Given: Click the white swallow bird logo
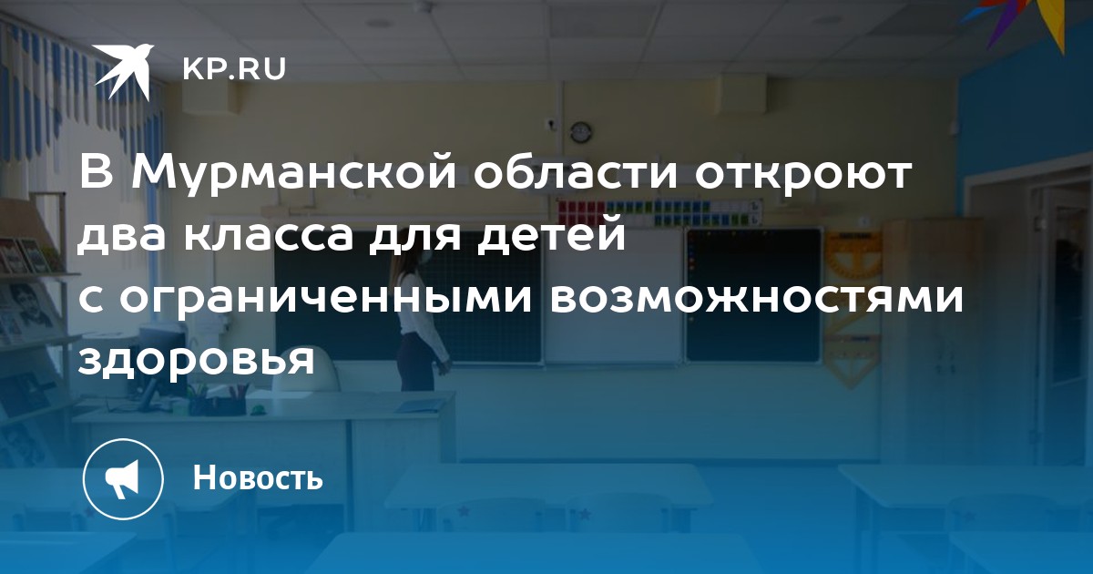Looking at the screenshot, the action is [x=123, y=71].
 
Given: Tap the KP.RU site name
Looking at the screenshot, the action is [x=234, y=69].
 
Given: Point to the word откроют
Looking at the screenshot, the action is [x=803, y=175].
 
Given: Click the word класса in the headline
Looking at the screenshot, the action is [x=269, y=235].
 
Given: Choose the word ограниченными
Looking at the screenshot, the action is [x=325, y=298].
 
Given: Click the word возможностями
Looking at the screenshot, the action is [x=756, y=298].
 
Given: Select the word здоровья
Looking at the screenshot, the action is [x=196, y=362].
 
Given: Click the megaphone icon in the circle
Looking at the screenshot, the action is [x=122, y=479].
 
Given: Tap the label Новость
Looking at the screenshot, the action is [x=258, y=477].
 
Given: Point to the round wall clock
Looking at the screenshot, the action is [x=581, y=132].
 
